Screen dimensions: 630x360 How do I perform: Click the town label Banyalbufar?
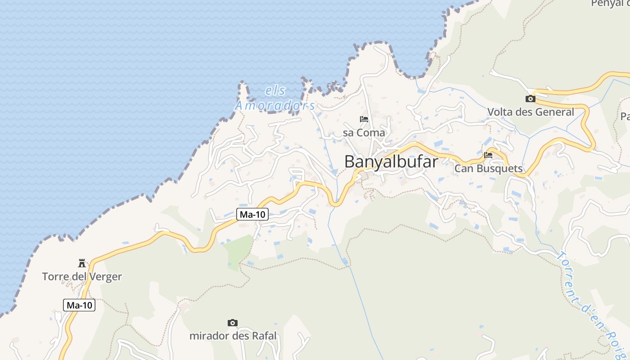click(x=391, y=162)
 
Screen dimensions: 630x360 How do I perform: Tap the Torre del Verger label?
click(x=82, y=276)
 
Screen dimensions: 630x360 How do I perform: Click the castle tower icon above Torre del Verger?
click(x=82, y=263)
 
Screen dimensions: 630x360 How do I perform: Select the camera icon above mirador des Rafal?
click(x=233, y=323)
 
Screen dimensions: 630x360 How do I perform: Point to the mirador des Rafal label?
click(x=233, y=336)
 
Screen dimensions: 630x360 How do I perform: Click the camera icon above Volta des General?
click(x=531, y=99)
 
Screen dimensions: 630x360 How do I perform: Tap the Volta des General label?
click(x=531, y=112)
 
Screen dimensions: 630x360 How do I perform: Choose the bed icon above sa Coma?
click(x=364, y=119)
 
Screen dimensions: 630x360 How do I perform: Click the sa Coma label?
click(x=364, y=133)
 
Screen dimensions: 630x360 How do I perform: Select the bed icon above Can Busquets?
click(x=488, y=155)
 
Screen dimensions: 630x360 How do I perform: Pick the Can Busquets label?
click(x=488, y=169)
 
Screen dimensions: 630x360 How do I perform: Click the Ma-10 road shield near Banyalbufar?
click(x=252, y=215)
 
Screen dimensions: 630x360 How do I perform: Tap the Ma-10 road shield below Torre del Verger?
click(x=80, y=305)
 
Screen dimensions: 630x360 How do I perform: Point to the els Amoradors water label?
click(x=275, y=98)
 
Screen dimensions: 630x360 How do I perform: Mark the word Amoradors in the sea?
click(x=275, y=106)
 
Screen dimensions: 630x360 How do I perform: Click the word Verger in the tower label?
click(x=107, y=276)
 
